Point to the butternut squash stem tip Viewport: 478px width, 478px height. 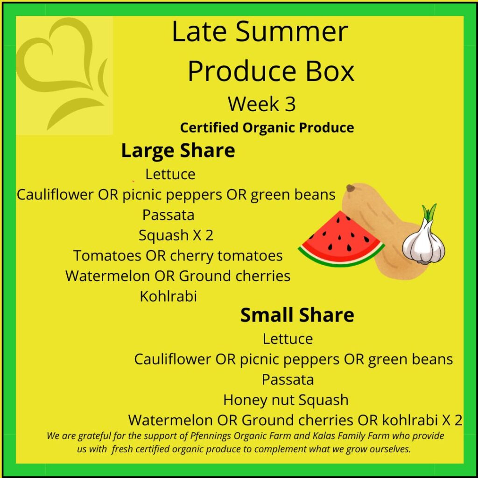(350, 189)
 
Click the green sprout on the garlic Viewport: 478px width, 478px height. (429, 212)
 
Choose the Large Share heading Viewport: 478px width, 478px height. (178, 151)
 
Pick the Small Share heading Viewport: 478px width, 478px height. (297, 315)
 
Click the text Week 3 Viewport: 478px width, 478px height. (262, 104)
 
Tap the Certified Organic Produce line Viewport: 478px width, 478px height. (267, 127)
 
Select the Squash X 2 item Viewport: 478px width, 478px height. (176, 235)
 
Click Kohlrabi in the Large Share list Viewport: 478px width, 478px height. (168, 296)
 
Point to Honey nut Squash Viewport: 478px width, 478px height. (286, 400)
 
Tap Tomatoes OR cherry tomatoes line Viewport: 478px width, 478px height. (178, 256)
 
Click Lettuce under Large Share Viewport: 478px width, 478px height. (170, 175)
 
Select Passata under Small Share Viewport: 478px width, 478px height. (288, 380)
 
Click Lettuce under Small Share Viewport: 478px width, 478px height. (288, 339)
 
